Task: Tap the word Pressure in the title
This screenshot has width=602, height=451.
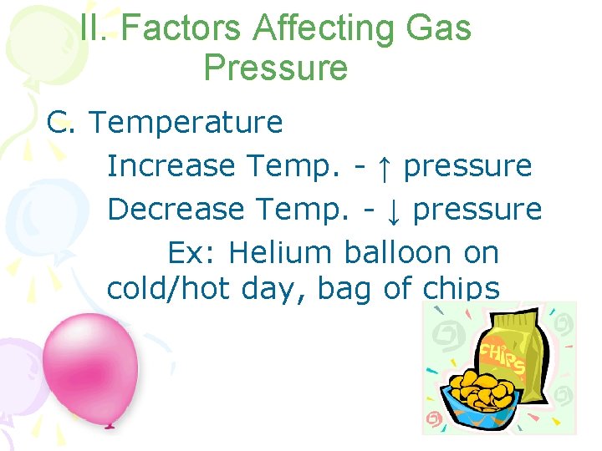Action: pyautogui.click(x=275, y=68)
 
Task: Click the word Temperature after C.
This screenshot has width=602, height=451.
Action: pyautogui.click(x=186, y=123)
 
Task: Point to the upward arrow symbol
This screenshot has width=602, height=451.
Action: pyautogui.click(x=382, y=166)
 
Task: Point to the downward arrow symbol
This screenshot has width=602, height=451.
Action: pyautogui.click(x=391, y=210)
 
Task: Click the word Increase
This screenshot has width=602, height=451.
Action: pyautogui.click(x=171, y=166)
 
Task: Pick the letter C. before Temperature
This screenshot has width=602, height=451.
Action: pyautogui.click(x=61, y=123)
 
